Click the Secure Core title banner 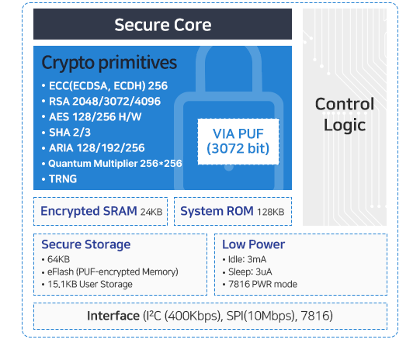coord(162,24)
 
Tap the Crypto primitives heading coord(109,63)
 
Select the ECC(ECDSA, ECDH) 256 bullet coord(105,86)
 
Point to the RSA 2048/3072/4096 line coord(101,102)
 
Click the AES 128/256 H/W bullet coord(92,117)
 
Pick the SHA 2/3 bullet coord(67,133)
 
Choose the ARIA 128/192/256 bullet coord(93,148)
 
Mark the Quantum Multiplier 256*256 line coord(112,164)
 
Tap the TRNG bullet coord(60,179)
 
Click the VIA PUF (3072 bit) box coord(238,141)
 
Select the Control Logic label coord(345,114)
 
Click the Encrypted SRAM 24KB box coord(100,212)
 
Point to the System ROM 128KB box coord(233,212)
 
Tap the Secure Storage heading coord(86,244)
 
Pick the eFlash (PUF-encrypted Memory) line coord(110,272)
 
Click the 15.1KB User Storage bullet coord(87,284)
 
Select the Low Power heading coord(253,244)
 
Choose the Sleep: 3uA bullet coord(248,272)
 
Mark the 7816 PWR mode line coord(260,284)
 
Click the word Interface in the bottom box coord(113,316)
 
